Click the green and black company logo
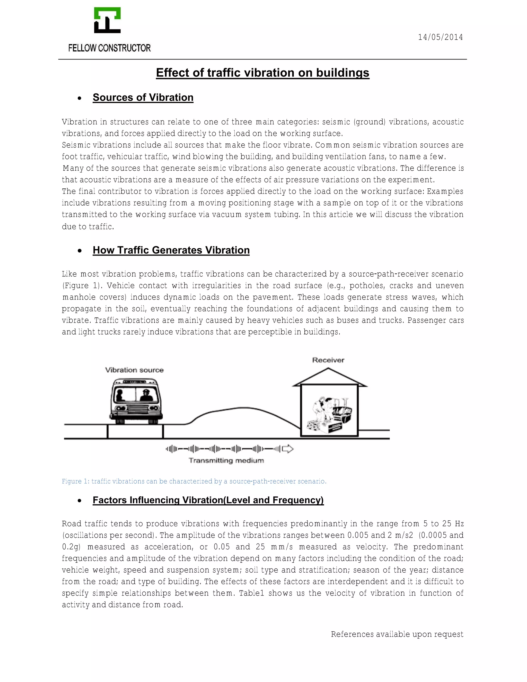click(x=107, y=20)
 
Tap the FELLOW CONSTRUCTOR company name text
click(x=109, y=48)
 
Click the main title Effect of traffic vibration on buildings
click(x=262, y=73)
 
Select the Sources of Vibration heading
click(x=143, y=98)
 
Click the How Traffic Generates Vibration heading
click(x=171, y=250)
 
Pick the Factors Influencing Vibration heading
click(x=208, y=500)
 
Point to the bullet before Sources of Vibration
click(x=80, y=98)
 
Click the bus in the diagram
click(x=136, y=401)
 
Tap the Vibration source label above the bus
click(x=134, y=370)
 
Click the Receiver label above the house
click(x=328, y=360)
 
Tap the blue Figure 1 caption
click(x=194, y=481)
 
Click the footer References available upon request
click(x=397, y=634)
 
